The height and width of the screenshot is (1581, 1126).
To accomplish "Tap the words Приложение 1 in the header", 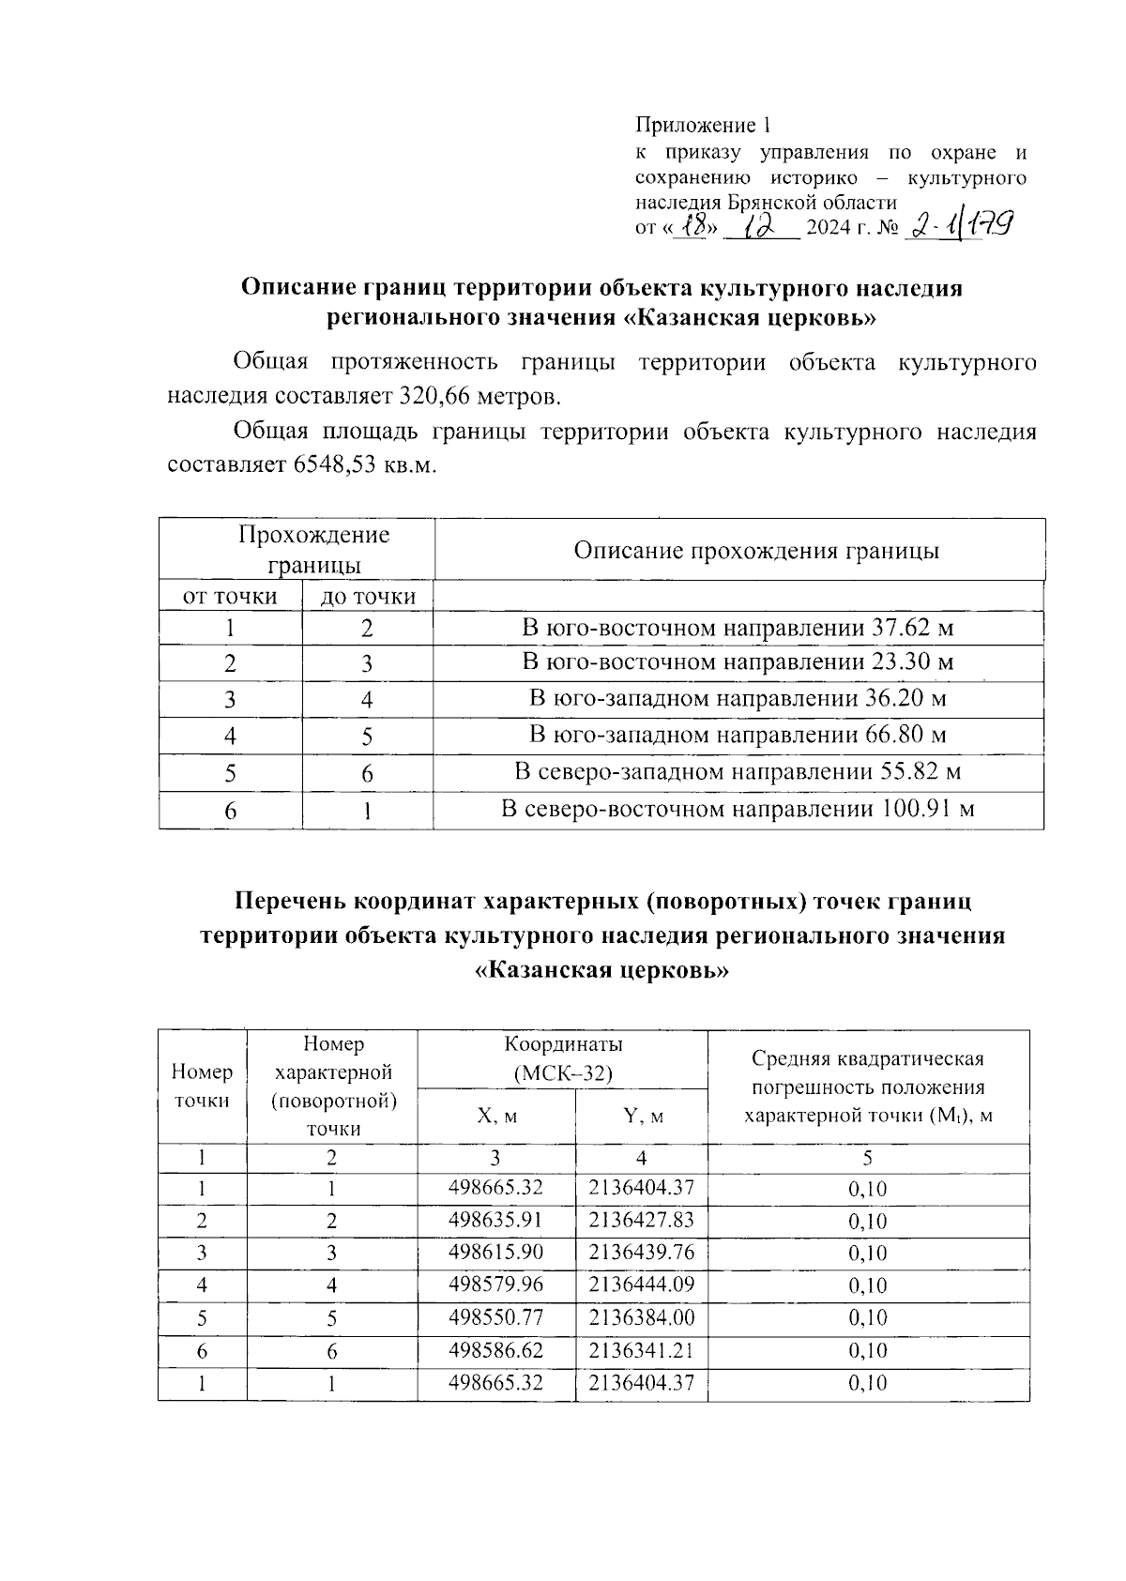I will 703,125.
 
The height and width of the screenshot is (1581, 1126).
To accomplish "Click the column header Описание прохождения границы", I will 756,551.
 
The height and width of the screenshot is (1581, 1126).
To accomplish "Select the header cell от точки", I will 230,597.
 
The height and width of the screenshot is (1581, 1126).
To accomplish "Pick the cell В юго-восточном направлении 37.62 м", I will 738,628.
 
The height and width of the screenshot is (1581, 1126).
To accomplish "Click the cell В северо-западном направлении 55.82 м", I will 738,772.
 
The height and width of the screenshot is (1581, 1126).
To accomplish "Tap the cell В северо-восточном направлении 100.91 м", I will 738,809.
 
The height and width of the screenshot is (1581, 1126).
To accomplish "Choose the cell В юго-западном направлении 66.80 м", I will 738,735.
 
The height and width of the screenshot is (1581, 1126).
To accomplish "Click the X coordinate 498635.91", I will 495,1221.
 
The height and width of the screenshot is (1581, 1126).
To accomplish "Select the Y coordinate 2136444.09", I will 641,1285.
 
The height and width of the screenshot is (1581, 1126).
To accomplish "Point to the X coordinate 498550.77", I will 495,1317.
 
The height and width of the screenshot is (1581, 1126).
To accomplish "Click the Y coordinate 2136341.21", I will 641,1350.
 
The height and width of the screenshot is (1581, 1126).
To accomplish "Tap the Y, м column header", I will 642,1117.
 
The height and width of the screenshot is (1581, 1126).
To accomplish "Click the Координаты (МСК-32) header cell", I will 562,1058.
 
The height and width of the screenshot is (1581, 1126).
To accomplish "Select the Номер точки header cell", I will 203,1086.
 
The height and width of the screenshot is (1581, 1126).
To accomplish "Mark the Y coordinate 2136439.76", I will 641,1253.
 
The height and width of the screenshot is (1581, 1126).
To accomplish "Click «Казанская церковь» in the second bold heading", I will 601,971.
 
